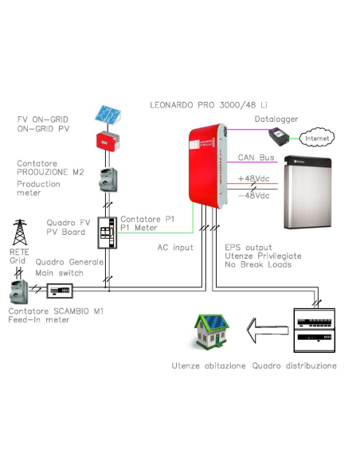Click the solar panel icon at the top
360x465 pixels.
108,115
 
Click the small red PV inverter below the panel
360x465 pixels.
108,142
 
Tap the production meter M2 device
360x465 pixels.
108,180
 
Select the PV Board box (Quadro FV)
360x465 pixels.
108,232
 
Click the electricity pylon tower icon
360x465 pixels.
20,232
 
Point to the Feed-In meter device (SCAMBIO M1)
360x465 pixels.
19,291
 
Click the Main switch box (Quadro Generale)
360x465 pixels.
60,291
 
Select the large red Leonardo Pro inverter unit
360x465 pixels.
208,166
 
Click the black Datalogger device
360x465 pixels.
279,136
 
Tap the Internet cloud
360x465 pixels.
317,138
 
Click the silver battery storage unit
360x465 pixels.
307,192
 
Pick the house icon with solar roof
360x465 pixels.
211,330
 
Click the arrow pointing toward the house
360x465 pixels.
268,330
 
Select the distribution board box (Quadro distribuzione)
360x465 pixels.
315,330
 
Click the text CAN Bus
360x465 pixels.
256,158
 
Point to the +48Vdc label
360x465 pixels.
254,178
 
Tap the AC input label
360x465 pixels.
175,248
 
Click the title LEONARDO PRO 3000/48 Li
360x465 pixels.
209,105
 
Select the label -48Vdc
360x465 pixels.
254,196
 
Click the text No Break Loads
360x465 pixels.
258,264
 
